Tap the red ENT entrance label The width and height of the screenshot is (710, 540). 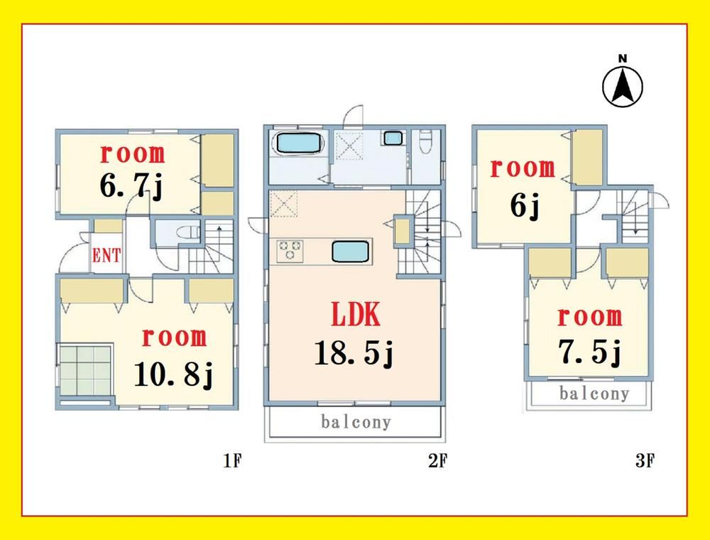(x=106, y=256)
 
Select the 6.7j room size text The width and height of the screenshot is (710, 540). (x=131, y=185)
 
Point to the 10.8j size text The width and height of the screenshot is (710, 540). (x=173, y=374)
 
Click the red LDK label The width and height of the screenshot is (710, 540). (x=356, y=314)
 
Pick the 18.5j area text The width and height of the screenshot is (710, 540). (x=354, y=353)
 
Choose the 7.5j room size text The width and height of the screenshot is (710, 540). (x=590, y=352)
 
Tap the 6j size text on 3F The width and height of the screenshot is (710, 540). (x=525, y=206)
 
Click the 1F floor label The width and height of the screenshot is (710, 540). (x=233, y=460)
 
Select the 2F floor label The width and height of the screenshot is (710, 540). (x=438, y=460)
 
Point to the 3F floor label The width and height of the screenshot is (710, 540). (x=645, y=460)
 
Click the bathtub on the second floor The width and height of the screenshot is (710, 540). (x=297, y=143)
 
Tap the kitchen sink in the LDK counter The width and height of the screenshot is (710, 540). (x=350, y=252)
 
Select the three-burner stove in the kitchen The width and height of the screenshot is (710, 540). (x=290, y=251)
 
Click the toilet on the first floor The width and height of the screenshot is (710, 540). (x=188, y=232)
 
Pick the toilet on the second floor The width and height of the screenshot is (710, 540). (x=425, y=142)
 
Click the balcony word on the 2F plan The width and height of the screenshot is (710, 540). (x=356, y=422)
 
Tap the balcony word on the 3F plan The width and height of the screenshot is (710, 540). (x=594, y=393)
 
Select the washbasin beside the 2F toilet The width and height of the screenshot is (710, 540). (x=392, y=138)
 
